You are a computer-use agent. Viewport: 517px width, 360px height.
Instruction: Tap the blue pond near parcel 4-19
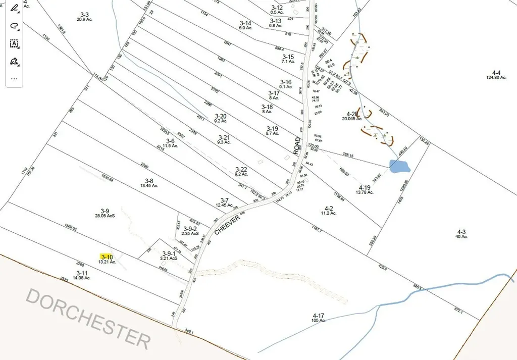(x=399, y=166)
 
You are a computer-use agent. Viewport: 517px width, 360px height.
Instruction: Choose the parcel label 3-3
(x=84, y=14)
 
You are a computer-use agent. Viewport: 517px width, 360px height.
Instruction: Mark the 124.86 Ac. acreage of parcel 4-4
(x=496, y=77)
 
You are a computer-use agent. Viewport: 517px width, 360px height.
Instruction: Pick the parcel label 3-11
(x=82, y=273)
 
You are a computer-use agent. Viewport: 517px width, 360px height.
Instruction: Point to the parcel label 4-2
(x=329, y=208)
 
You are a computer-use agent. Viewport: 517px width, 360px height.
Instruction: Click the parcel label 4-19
(x=365, y=187)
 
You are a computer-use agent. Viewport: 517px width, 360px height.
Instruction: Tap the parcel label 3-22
(x=241, y=169)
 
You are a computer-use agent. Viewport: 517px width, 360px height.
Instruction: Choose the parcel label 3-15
(x=288, y=57)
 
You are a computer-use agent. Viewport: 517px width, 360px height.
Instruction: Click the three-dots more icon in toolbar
(x=14, y=78)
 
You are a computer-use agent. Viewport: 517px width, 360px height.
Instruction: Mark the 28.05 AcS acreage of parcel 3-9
(x=105, y=216)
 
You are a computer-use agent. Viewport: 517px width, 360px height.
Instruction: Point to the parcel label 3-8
(x=149, y=180)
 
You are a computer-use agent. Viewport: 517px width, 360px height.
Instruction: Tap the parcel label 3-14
(x=245, y=23)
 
